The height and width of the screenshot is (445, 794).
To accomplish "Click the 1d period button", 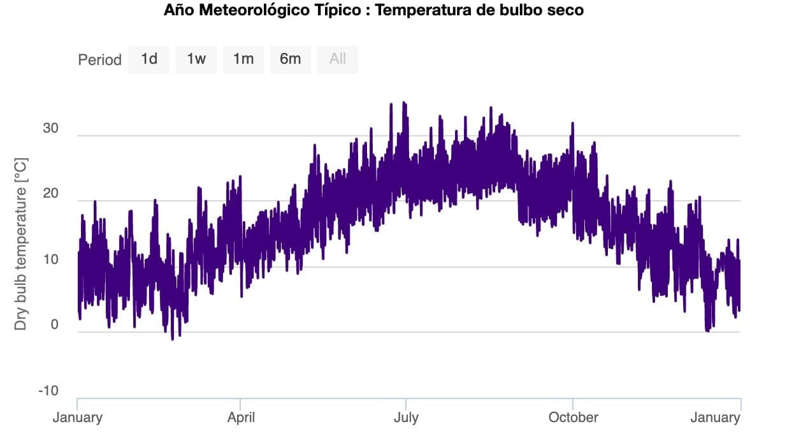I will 149,59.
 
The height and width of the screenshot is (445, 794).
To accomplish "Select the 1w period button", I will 196,59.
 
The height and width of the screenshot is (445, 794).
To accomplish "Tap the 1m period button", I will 243,59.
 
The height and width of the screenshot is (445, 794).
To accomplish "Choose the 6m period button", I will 290,59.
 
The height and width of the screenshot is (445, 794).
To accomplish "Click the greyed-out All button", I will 338,59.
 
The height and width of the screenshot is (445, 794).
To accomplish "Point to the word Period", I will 99,60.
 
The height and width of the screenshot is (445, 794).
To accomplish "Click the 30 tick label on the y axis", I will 50,129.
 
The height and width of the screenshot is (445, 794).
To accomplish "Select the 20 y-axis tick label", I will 50,194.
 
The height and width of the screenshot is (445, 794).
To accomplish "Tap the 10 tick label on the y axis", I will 50,260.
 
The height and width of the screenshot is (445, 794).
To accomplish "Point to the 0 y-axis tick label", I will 54,325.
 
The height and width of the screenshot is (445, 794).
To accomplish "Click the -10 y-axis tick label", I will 48,391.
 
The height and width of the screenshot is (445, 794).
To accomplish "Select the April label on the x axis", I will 242,418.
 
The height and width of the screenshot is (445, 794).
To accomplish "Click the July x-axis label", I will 406,418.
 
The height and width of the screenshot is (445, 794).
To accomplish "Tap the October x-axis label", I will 573,418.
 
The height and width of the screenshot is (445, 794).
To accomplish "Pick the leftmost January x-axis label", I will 77,418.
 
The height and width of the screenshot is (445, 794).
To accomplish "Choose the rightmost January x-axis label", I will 715,418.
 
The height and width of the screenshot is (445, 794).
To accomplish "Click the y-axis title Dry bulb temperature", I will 21,244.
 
